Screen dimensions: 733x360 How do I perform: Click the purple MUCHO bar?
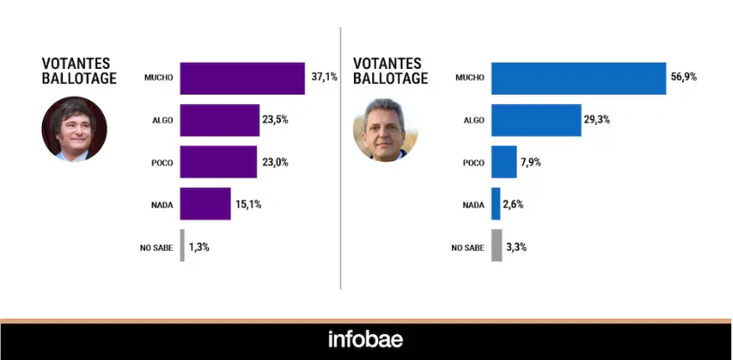tap(242, 79)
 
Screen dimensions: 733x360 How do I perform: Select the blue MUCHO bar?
tap(579, 79)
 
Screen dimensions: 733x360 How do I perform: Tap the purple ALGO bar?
tap(220, 120)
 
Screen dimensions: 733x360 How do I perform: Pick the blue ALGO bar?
tap(536, 120)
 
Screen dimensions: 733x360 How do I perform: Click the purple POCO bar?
tap(218, 162)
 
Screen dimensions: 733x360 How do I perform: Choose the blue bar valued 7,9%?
tap(504, 162)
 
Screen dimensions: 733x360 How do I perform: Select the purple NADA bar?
tap(205, 203)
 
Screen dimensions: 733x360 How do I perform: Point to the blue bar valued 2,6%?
tap(496, 203)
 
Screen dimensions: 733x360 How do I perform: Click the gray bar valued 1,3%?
tap(182, 245)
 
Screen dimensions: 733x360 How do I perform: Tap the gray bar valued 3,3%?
tap(496, 245)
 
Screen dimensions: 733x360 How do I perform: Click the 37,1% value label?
tap(325, 77)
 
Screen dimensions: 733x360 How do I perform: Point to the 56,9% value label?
tap(684, 77)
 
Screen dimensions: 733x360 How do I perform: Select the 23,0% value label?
tap(275, 162)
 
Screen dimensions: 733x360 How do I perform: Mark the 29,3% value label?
tap(597, 120)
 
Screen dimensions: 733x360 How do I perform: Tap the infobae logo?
tap(365, 339)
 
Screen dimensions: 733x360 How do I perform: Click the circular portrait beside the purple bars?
tap(75, 129)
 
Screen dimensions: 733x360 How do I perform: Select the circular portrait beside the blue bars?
tap(386, 129)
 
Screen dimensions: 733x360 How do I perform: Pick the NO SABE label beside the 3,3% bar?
tap(468, 248)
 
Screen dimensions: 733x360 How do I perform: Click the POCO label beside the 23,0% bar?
tap(162, 163)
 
